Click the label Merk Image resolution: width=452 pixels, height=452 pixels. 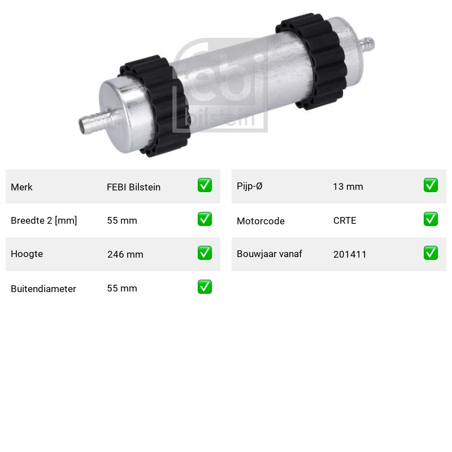click(21, 187)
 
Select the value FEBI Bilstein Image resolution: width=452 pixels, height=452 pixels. click(133, 187)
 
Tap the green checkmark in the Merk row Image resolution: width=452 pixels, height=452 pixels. click(205, 185)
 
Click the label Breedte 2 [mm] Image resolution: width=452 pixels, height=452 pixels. click(44, 220)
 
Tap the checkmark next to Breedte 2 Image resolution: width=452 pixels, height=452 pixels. click(205, 219)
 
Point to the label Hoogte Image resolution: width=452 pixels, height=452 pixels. click(27, 254)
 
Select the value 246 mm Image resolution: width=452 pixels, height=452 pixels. click(125, 254)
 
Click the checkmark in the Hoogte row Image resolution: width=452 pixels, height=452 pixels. click(205, 253)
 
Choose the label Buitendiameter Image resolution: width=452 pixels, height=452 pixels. click(44, 289)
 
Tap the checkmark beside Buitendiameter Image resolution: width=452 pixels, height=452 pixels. click(205, 287)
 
